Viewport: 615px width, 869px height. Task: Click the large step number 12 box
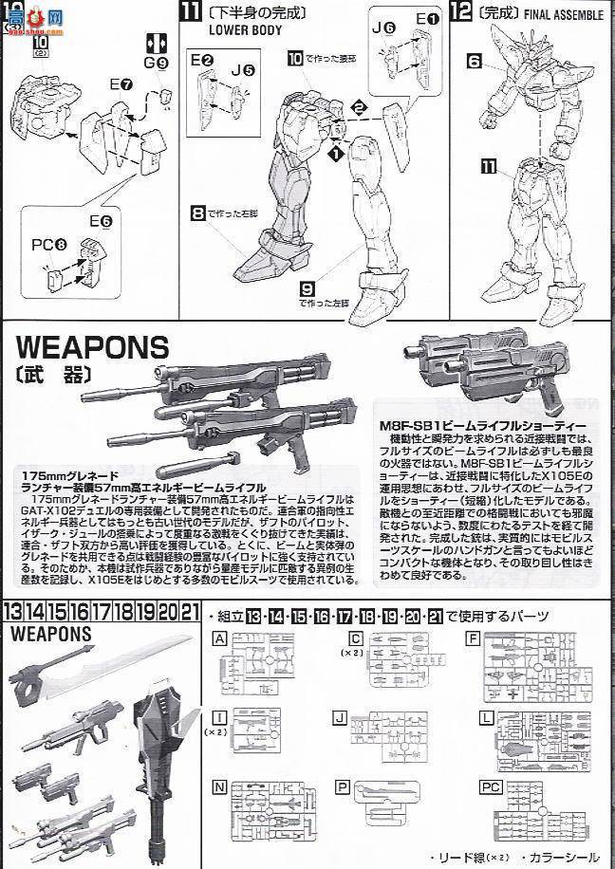point(461,13)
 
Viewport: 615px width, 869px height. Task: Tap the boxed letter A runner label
point(221,638)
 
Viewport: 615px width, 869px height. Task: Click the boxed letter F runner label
point(471,638)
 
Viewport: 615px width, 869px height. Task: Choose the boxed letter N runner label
point(221,786)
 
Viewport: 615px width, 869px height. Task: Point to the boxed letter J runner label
point(341,713)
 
